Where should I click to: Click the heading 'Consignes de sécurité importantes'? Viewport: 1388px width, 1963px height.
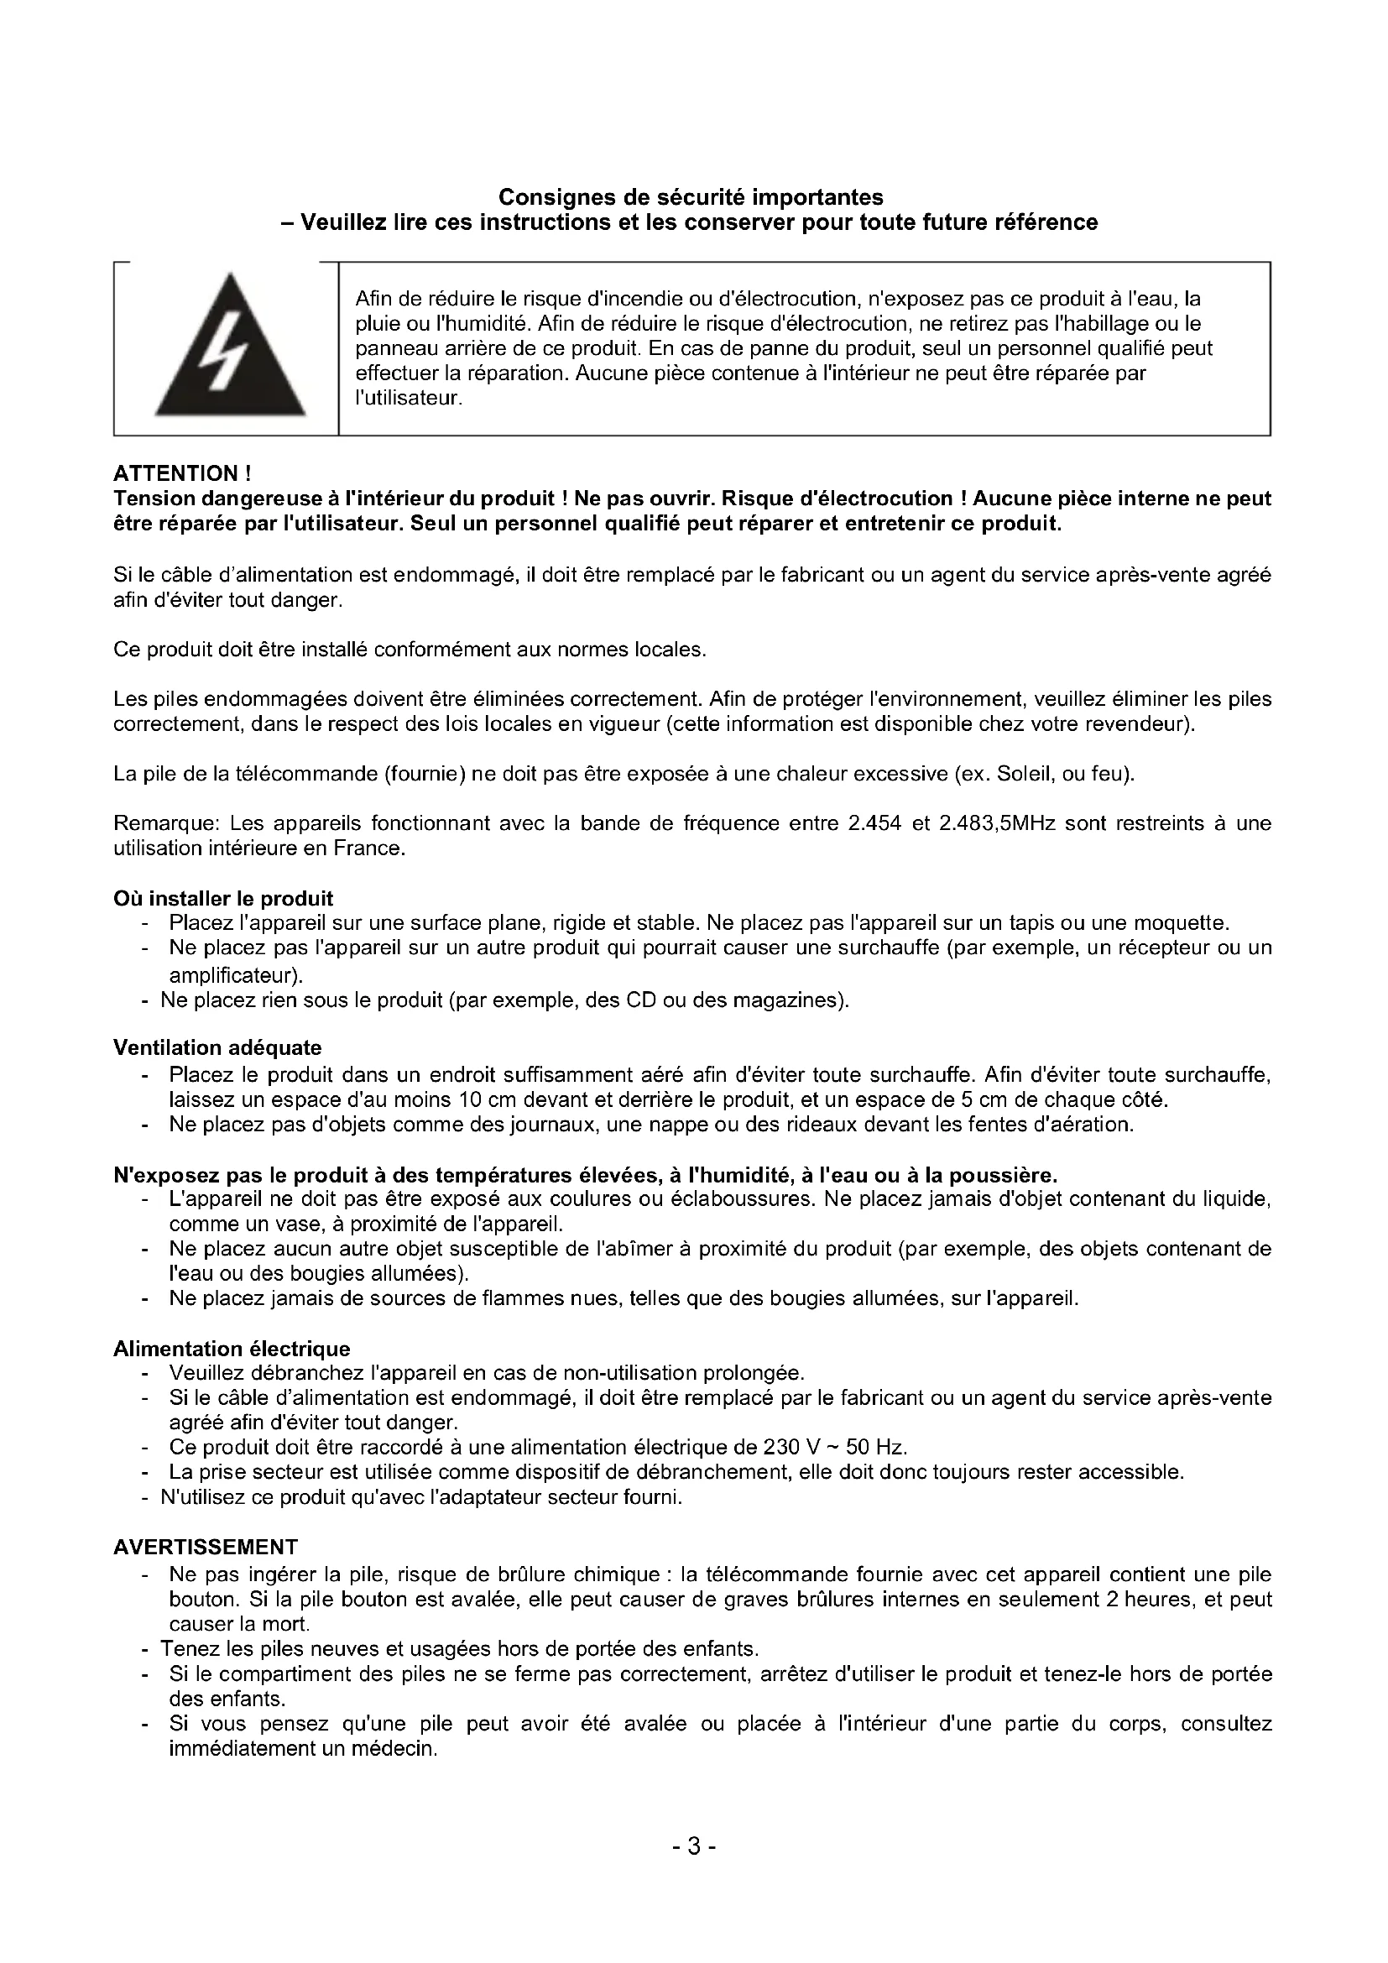[691, 197]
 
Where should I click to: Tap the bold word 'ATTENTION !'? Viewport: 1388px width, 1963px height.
[182, 473]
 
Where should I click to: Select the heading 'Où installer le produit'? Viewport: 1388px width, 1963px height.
[223, 899]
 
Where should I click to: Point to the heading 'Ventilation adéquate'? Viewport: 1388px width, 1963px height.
[217, 1047]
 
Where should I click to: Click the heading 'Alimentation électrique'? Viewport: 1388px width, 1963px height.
[232, 1350]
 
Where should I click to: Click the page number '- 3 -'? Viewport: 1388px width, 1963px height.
[693, 1846]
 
